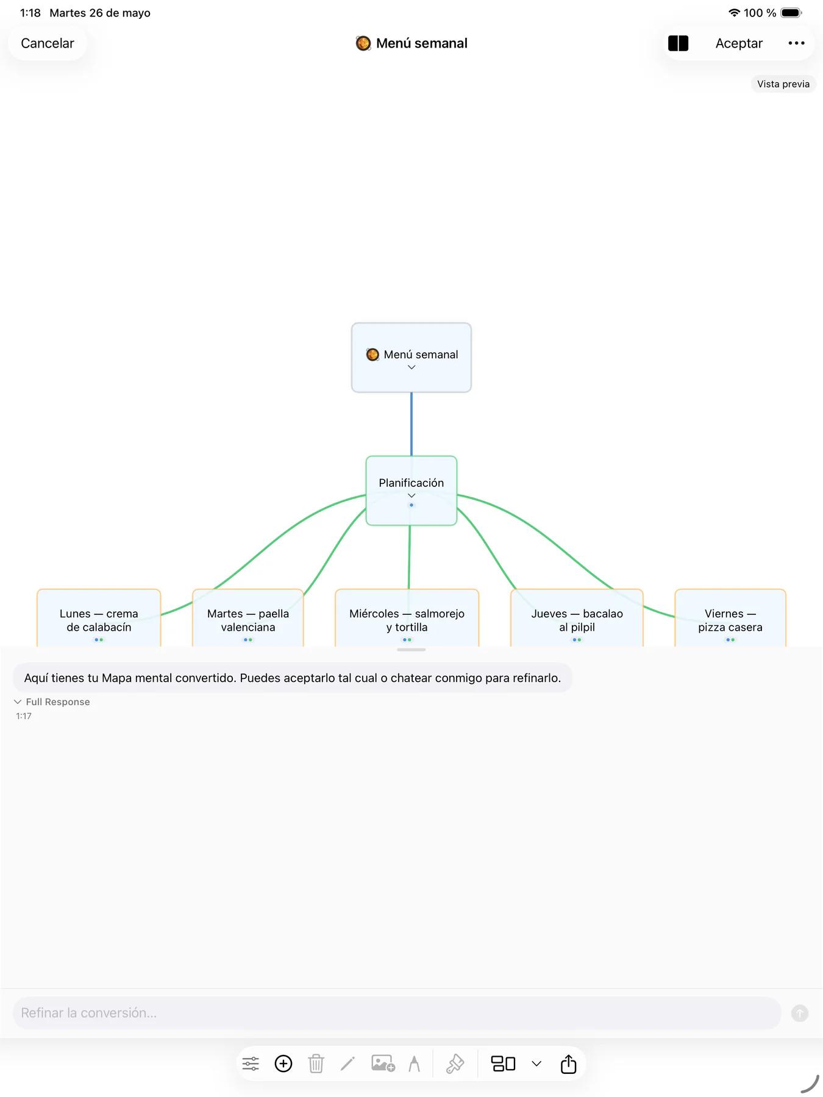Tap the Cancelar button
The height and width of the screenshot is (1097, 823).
(48, 43)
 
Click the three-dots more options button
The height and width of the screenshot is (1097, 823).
(796, 43)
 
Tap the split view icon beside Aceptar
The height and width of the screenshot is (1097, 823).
(678, 43)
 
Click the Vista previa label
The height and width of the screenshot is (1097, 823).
(783, 84)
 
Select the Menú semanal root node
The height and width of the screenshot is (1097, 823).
(411, 357)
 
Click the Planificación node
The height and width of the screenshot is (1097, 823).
(411, 490)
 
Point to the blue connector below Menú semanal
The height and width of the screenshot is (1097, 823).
(411, 424)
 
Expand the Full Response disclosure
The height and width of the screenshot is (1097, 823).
(52, 702)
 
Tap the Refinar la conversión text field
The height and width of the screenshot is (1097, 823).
(397, 1013)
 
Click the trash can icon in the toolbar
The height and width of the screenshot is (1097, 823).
(316, 1063)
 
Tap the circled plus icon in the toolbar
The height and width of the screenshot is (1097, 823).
(283, 1063)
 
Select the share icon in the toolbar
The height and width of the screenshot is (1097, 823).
(568, 1063)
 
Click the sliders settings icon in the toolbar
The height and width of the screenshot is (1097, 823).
(251, 1063)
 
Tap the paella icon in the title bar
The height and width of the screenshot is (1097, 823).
(363, 43)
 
